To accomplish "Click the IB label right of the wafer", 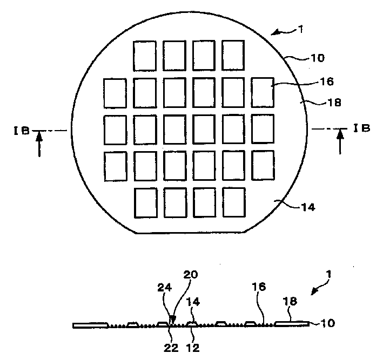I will [x=361, y=128].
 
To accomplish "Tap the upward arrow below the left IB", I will [x=39, y=145].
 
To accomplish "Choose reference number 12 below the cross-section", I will [x=193, y=348].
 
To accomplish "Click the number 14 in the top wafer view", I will [x=307, y=206].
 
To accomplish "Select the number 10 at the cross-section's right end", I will [x=327, y=324].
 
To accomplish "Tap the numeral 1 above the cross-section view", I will [x=329, y=275].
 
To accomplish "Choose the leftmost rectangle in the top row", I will [x=145, y=56].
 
